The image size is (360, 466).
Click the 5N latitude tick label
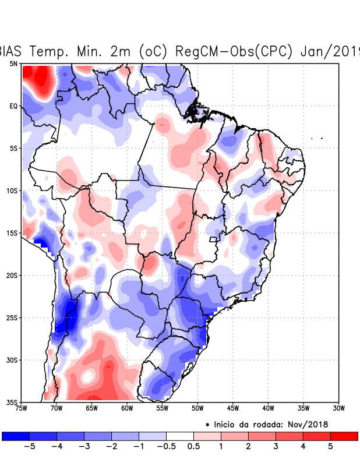[13, 63]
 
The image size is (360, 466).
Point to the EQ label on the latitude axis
[13, 106]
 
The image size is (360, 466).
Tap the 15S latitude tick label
[12, 233]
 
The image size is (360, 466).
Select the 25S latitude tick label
[12, 317]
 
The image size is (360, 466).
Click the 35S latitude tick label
[12, 402]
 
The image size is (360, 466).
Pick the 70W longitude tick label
[56, 408]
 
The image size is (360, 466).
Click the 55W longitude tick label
[162, 408]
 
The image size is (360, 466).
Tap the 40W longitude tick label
[268, 408]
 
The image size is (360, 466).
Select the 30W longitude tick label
[338, 408]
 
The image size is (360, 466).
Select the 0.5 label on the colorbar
[193, 447]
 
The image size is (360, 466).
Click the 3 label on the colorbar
[276, 447]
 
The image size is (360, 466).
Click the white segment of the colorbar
[179, 436]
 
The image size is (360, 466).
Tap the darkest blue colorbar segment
[16, 436]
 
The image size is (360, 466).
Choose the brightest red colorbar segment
[344, 436]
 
